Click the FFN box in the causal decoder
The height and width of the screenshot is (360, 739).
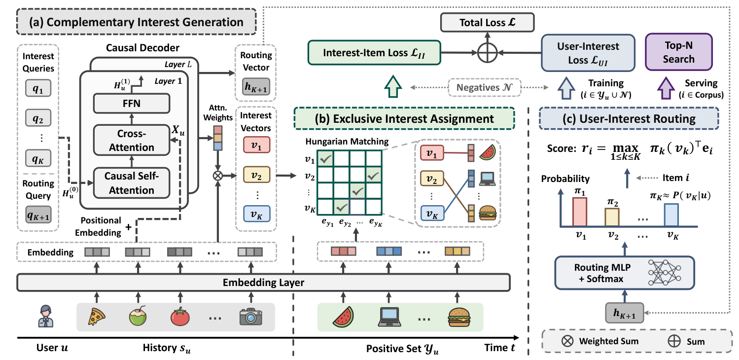(132, 104)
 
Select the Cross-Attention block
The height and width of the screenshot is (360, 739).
(132, 140)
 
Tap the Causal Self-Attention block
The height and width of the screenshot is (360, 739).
(132, 183)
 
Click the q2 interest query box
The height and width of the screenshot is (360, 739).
(38, 118)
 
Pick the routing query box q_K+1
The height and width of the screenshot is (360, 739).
(38, 215)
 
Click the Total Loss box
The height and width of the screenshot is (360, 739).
(487, 22)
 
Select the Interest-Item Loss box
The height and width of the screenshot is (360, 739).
(374, 53)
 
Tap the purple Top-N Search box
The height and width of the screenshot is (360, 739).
(679, 52)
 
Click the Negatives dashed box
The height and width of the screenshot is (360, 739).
(484, 87)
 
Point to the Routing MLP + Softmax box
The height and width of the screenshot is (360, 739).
(625, 273)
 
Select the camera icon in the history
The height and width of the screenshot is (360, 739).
(251, 317)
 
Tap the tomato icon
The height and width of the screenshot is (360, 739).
(180, 317)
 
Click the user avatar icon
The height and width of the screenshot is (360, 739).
(45, 316)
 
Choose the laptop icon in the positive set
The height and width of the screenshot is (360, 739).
(389, 317)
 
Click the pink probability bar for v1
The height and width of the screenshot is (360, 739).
(580, 212)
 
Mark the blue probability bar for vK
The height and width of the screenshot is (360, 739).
(671, 215)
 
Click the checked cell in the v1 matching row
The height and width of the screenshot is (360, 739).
(325, 159)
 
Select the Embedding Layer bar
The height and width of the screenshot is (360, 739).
(264, 283)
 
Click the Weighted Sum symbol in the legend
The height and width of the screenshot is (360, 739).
(567, 341)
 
